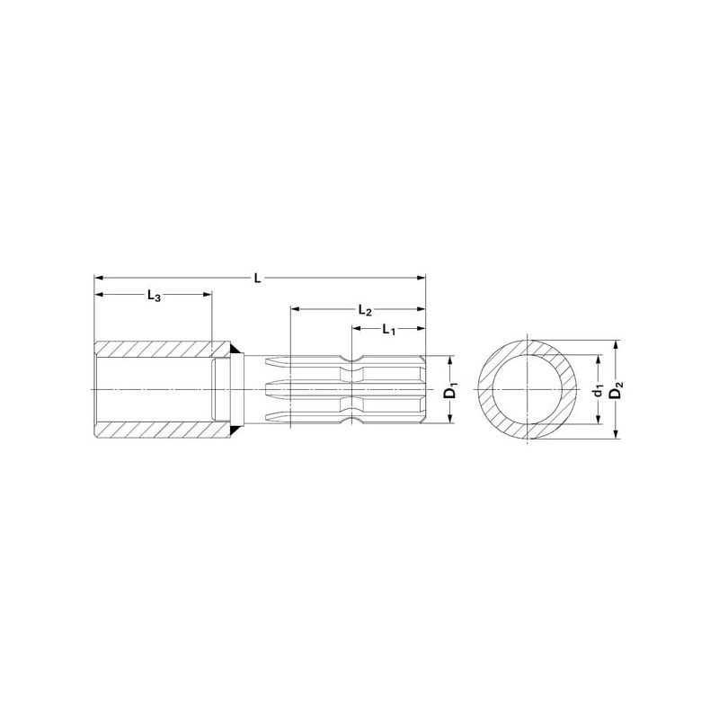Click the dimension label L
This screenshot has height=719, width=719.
[257, 278]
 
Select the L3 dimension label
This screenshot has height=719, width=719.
[154, 296]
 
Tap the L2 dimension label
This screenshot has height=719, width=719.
[365, 310]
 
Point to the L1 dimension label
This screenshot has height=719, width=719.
[389, 329]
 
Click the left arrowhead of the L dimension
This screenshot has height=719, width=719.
[99, 278]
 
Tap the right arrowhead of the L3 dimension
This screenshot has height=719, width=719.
[207, 294]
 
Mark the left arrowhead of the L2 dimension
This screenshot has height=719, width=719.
[296, 309]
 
